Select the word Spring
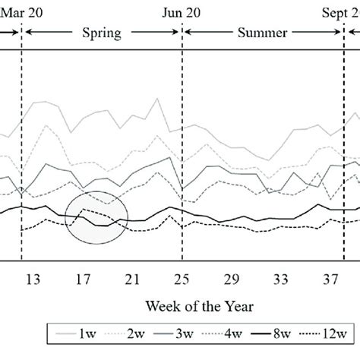pos(102,33)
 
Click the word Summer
pos(262,33)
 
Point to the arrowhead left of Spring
pos(28,33)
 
